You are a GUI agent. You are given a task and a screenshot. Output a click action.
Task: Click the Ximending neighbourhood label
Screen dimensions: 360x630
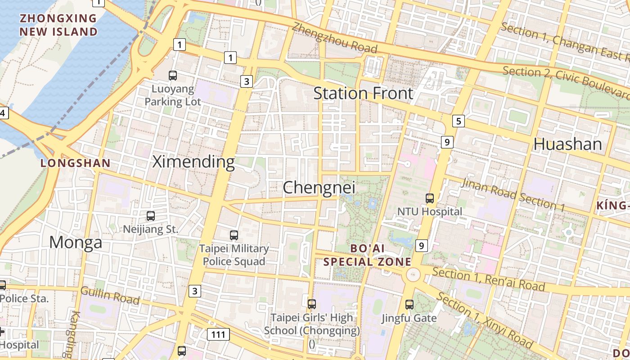(x=193, y=162)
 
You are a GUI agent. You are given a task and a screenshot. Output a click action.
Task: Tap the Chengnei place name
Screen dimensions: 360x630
(x=319, y=188)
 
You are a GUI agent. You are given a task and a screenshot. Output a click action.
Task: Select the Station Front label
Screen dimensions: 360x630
(x=363, y=94)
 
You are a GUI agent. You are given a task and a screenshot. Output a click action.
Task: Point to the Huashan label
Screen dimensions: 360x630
(x=567, y=144)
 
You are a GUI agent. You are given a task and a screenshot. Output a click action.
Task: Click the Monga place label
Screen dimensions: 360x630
(x=76, y=243)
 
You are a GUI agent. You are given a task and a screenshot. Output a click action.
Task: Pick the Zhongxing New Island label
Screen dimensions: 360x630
(x=58, y=25)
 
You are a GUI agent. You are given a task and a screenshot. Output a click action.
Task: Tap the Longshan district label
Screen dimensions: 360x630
(x=76, y=163)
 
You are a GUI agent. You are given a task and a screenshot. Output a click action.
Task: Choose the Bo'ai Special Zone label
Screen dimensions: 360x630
(x=368, y=255)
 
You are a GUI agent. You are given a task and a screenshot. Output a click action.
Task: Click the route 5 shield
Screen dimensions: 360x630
(x=458, y=121)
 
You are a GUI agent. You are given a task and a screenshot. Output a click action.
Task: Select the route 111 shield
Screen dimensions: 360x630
(x=218, y=334)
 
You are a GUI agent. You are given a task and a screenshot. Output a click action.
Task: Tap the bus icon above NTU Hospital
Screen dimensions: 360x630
(x=430, y=198)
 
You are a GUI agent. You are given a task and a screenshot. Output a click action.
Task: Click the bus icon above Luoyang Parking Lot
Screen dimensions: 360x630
(x=173, y=76)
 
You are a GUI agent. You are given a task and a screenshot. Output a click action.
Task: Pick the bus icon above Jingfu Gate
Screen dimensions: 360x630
(x=409, y=305)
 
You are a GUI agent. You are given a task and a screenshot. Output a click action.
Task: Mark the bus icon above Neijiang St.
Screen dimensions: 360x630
(x=151, y=216)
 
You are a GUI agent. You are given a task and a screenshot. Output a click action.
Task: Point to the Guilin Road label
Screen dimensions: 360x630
(x=110, y=295)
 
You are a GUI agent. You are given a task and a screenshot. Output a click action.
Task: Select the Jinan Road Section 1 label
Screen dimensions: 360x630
(x=513, y=195)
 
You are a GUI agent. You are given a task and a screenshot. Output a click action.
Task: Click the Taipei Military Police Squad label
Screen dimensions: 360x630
(x=234, y=255)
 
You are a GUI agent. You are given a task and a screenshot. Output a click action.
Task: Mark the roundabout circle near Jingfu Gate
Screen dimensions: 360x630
(x=413, y=274)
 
